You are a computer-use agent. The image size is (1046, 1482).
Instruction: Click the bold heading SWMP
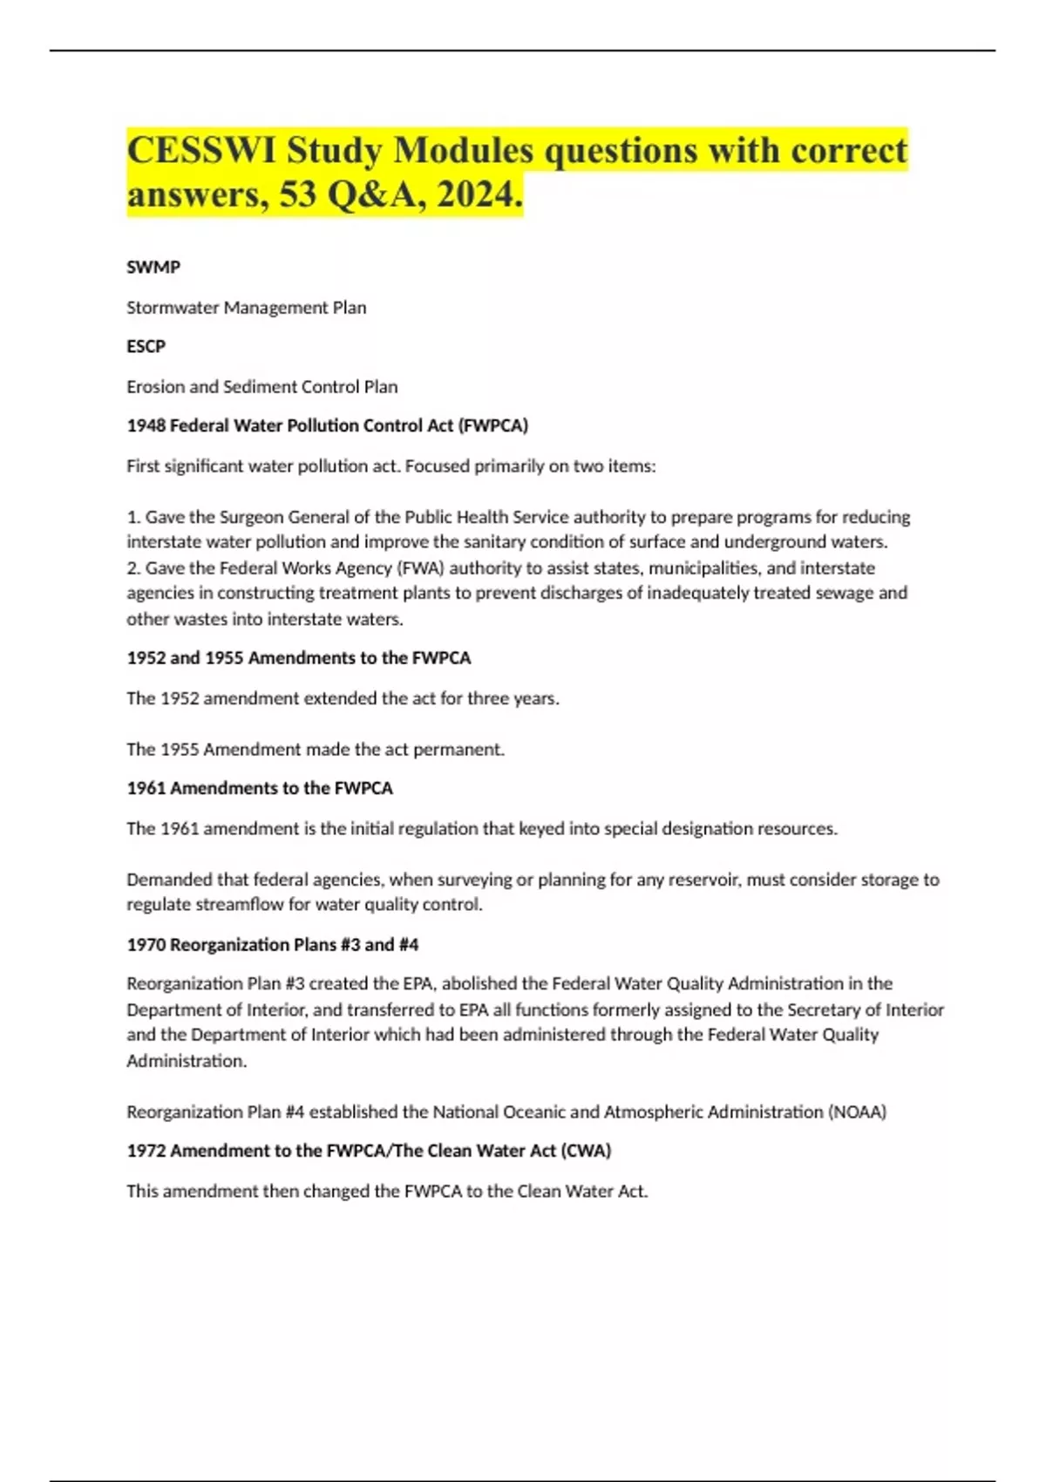(153, 268)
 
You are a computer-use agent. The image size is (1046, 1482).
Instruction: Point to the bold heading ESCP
(146, 347)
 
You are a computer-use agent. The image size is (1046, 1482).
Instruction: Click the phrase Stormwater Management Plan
(246, 308)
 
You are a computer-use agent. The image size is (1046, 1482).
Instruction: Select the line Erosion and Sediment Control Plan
(261, 387)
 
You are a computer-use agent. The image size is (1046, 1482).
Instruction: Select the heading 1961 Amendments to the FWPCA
(260, 789)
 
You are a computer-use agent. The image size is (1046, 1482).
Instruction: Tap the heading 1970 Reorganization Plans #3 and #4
(272, 945)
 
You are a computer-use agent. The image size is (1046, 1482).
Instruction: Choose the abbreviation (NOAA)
(857, 1112)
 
